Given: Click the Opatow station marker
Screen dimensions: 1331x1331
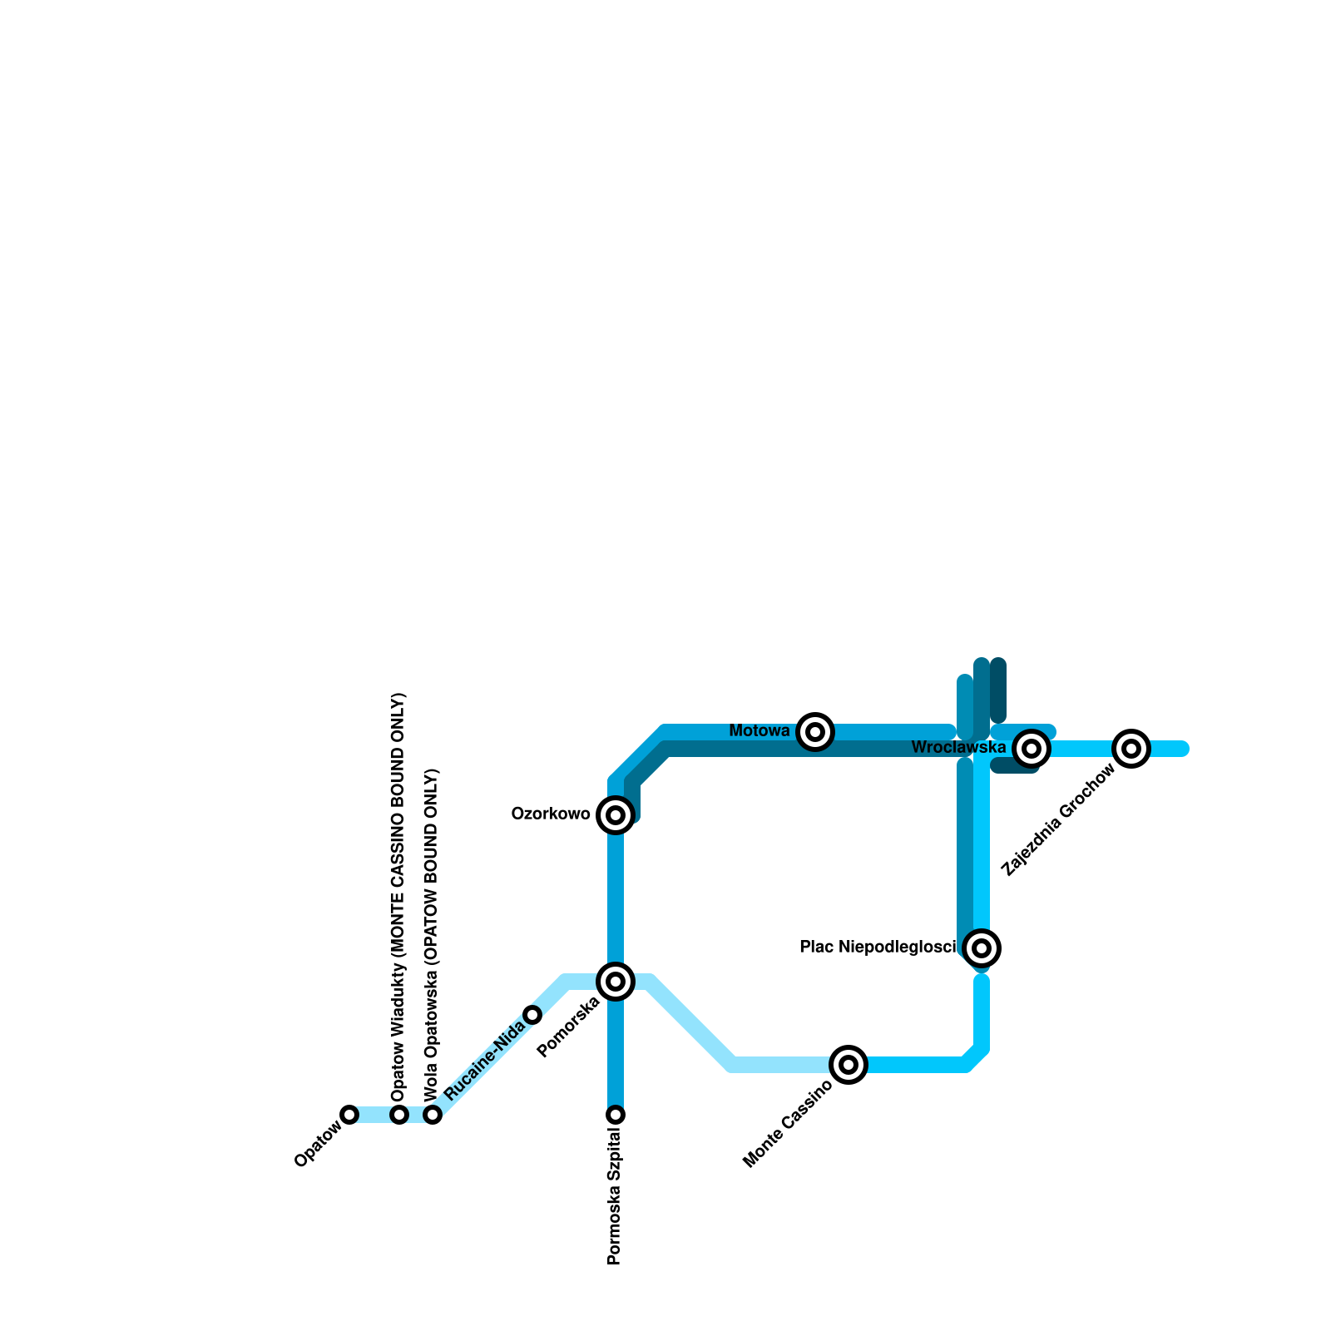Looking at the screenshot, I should click(349, 1115).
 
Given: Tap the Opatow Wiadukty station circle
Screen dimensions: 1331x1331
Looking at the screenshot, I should click(399, 1115).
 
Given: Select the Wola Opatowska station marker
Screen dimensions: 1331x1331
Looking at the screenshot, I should click(433, 1115).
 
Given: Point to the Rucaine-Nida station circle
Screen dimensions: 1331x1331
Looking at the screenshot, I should click(532, 1015).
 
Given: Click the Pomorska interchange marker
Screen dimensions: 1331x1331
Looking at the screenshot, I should click(616, 982).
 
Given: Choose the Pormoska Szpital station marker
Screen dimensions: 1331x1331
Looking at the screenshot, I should click(616, 1115).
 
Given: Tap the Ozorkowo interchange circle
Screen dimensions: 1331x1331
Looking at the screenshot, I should click(616, 815).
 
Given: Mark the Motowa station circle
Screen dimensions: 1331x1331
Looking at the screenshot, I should click(815, 732).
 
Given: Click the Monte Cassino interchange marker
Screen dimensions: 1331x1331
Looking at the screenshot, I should click(849, 1065).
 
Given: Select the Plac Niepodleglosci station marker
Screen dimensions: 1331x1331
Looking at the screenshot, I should click(982, 948).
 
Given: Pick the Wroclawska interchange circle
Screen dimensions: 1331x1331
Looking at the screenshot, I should click(1032, 749).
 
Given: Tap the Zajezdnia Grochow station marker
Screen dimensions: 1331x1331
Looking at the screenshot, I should click(1131, 749).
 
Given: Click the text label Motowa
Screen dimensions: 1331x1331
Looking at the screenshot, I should click(759, 731).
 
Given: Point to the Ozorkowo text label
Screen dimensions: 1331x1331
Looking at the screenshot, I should click(551, 814).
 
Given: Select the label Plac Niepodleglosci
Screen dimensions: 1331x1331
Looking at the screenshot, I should click(878, 948).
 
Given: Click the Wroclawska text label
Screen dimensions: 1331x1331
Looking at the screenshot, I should click(958, 748).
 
